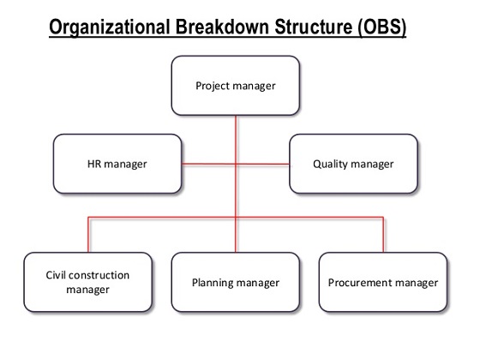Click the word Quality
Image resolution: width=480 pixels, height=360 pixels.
(330, 164)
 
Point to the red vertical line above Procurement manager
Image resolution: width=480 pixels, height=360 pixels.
(382, 235)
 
